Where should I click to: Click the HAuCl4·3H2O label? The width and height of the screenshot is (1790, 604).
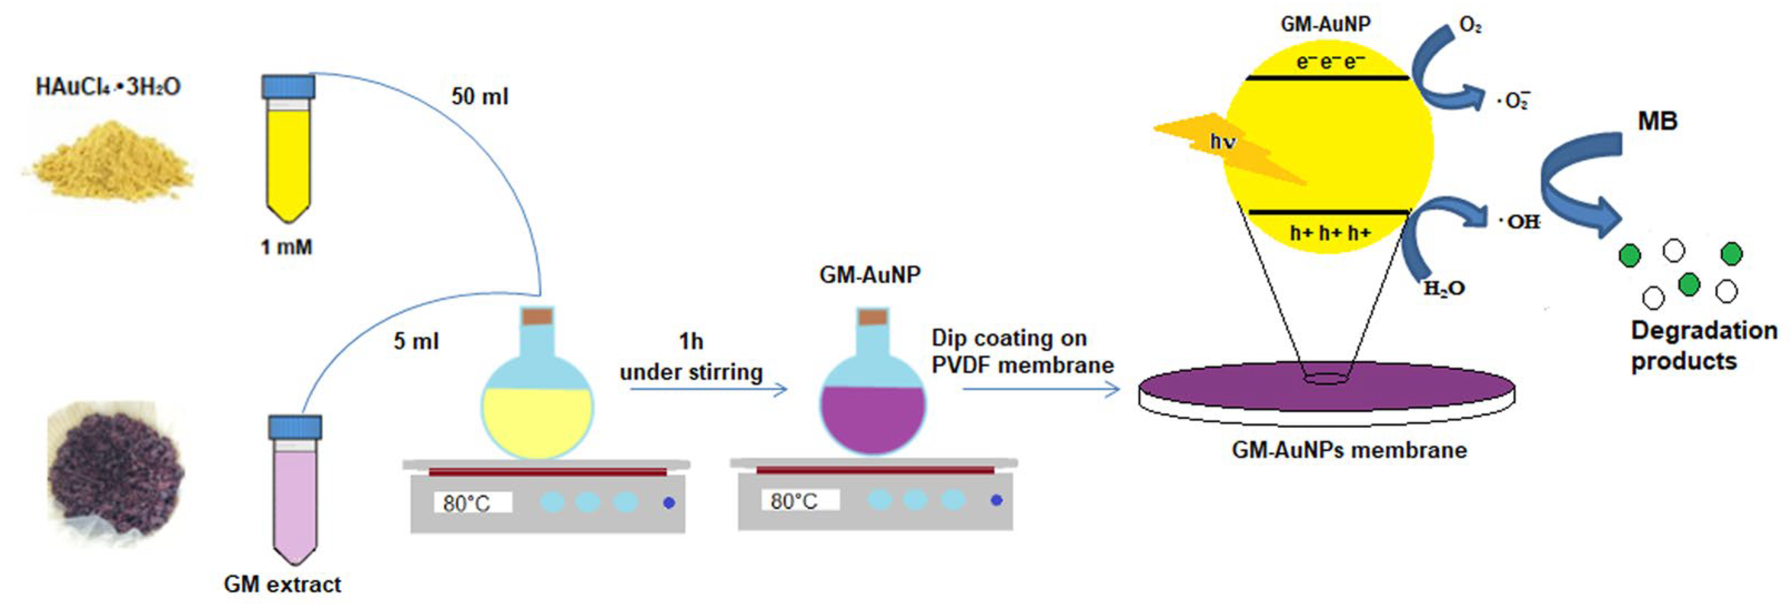pos(108,87)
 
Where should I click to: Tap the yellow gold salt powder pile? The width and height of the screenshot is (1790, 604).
pos(111,161)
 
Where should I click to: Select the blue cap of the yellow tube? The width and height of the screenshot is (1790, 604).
pos(288,86)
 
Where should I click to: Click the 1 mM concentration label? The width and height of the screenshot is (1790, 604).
pos(286,247)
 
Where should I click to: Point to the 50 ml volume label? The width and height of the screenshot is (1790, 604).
pos(480,97)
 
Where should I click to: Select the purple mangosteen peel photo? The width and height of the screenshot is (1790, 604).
pos(115,473)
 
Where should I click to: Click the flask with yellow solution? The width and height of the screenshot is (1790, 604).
pos(537,410)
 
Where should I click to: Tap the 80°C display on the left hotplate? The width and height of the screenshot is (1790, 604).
pos(472,502)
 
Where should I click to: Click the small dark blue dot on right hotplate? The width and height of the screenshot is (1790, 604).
pos(997,500)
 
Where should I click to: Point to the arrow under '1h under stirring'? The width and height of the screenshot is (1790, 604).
pos(709,389)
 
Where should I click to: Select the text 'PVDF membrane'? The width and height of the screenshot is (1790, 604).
pos(1022,366)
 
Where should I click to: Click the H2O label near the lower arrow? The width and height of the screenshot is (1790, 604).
pos(1444,288)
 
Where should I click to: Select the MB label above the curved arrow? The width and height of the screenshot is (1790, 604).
pos(1657,122)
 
